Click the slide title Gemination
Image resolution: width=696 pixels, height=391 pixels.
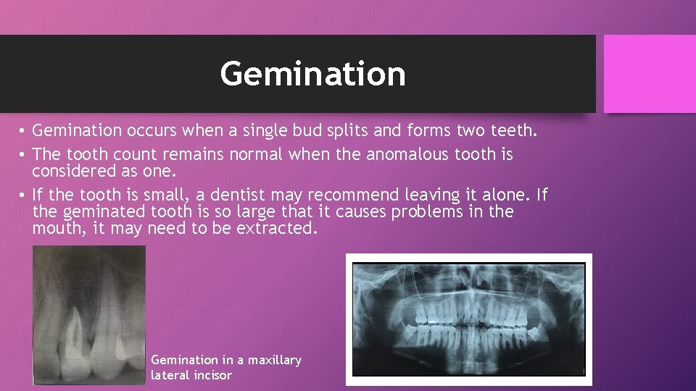[x=312, y=74]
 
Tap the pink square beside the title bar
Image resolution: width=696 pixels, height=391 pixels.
[x=649, y=74]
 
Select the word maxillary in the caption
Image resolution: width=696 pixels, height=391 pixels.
[x=275, y=360]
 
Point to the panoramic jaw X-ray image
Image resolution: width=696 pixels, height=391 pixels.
[x=468, y=319]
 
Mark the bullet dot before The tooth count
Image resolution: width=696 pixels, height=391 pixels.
[x=23, y=155]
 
